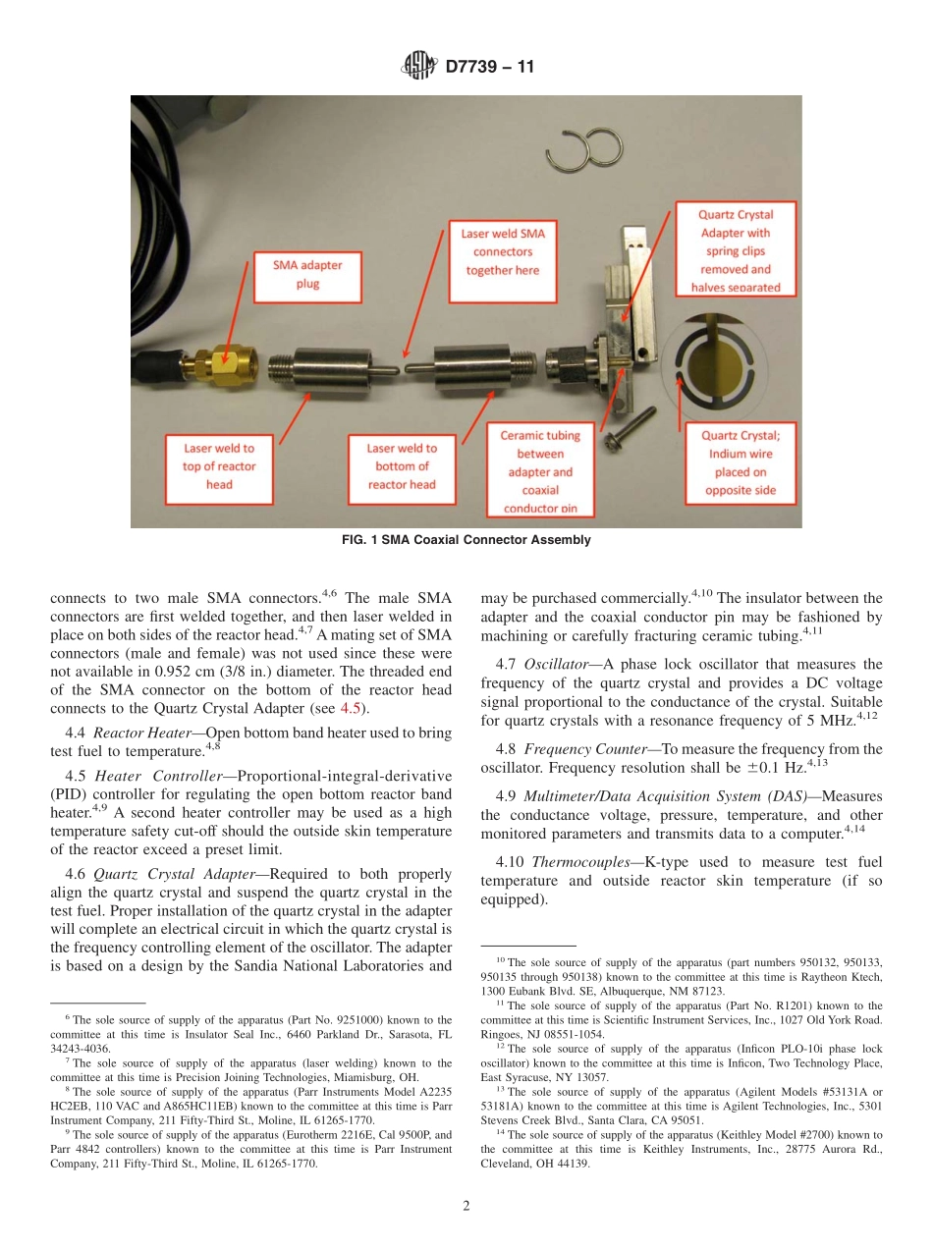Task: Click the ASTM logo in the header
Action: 419,68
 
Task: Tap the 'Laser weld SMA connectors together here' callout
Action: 503,251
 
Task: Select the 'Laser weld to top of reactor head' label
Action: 219,465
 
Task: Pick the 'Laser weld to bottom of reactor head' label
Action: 402,465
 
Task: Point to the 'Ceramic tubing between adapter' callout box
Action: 540,470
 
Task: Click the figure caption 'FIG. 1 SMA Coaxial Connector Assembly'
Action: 466,540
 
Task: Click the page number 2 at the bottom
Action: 466,1207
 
